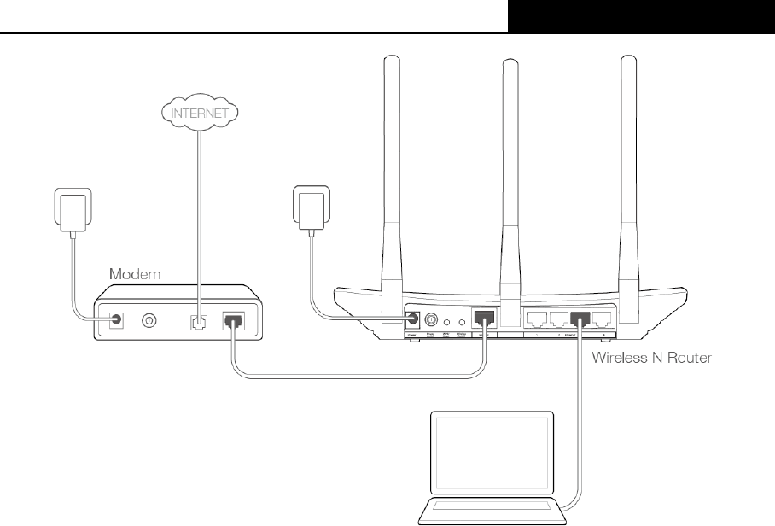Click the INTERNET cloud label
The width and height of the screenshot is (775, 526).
pos(201,112)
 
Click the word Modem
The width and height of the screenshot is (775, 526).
pos(137,275)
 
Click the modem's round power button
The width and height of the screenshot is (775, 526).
pos(149,321)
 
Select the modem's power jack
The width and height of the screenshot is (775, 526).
pos(115,321)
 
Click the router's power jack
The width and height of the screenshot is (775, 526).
pos(413,319)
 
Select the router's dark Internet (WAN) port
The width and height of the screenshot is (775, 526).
pos(484,319)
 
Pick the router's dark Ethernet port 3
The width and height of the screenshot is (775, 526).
pos(581,319)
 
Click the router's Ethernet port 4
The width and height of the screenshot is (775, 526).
pos(603,319)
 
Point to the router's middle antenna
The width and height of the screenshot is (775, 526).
pos(510,171)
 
